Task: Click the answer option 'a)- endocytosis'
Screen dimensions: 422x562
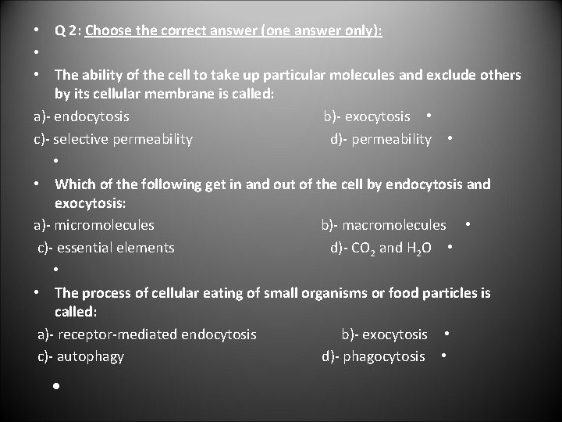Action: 82,116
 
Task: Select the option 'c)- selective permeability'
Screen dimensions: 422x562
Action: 113,139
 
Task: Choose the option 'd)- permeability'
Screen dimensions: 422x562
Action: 380,139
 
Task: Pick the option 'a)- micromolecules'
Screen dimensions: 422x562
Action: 94,225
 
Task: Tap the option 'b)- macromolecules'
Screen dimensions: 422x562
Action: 383,225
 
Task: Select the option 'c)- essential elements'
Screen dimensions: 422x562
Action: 106,248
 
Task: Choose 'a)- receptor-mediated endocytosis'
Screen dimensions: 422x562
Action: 147,334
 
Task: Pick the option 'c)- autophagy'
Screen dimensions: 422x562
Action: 81,356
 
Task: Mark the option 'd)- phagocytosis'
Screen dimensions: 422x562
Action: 373,356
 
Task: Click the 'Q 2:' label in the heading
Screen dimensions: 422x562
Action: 68,31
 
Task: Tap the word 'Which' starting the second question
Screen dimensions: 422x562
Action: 73,184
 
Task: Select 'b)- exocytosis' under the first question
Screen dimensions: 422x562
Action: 367,116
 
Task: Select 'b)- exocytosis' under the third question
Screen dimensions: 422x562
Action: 384,334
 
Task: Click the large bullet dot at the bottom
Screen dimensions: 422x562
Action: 57,386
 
